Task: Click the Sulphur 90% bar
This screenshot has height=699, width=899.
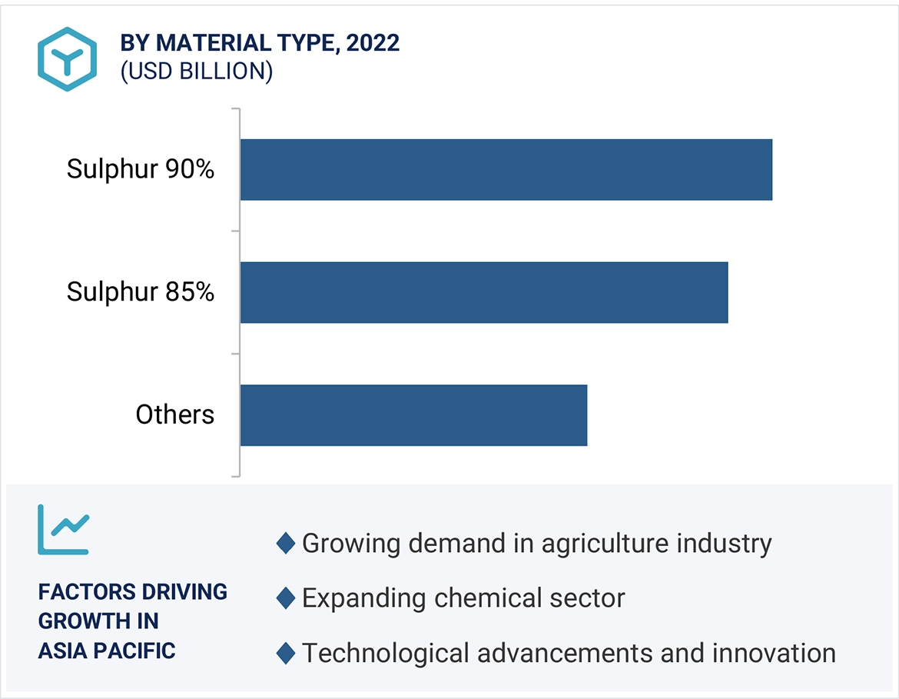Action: pyautogui.click(x=506, y=169)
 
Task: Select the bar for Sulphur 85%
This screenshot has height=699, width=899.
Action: pyautogui.click(x=483, y=292)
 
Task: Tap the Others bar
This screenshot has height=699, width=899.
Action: pyautogui.click(x=413, y=414)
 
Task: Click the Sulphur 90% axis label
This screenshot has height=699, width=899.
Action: pyautogui.click(x=141, y=169)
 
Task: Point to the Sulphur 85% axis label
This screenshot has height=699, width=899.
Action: pyautogui.click(x=141, y=292)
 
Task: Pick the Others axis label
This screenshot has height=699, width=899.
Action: pyautogui.click(x=175, y=415)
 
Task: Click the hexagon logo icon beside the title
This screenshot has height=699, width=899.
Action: pyautogui.click(x=68, y=59)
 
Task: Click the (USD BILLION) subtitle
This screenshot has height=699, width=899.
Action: pyautogui.click(x=197, y=71)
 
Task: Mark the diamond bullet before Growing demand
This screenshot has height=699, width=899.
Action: pyautogui.click(x=285, y=544)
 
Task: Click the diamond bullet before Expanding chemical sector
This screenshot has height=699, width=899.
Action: pyautogui.click(x=285, y=598)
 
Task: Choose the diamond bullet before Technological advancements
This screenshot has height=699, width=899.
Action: pyautogui.click(x=285, y=653)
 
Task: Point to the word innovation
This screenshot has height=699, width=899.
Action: pyautogui.click(x=774, y=653)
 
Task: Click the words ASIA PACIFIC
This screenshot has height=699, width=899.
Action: pyautogui.click(x=107, y=651)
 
